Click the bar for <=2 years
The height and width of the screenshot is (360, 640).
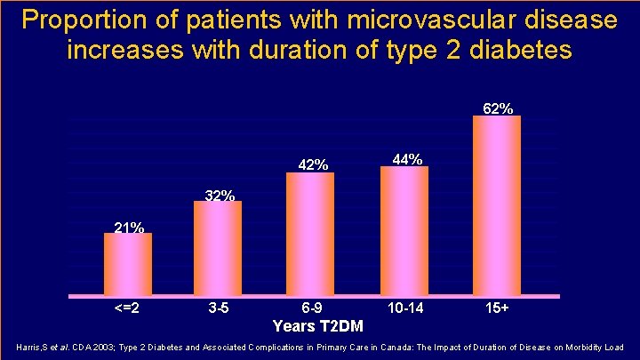pos(128,264)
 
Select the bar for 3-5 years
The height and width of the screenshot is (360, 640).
pos(218,248)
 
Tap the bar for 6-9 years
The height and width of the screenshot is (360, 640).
pos(310,234)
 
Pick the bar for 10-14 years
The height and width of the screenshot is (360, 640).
pos(404,230)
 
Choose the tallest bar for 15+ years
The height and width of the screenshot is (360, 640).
pos(497,205)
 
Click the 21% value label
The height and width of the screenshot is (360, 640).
pos(129,228)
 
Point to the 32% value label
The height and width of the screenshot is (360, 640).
pos(220,196)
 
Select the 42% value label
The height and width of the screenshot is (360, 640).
pos(313,165)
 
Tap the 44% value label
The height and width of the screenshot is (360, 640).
pos(407,159)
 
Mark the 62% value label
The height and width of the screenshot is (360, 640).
pos(498,108)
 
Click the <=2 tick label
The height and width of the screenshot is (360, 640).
pos(127,308)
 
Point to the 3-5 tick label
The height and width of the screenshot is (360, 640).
pos(219,308)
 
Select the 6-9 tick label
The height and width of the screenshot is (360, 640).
pos(311,308)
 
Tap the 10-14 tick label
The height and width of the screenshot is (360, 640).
pos(405,308)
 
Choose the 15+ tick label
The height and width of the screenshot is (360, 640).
pos(497,308)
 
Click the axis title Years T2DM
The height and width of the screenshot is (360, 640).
pos(318,326)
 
